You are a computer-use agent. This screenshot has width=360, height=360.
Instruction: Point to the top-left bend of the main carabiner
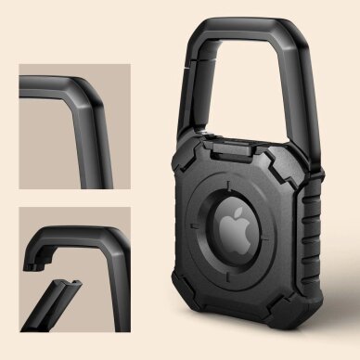(x=203, y=33)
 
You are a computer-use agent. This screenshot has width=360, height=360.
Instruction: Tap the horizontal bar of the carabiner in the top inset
(x=51, y=83)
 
